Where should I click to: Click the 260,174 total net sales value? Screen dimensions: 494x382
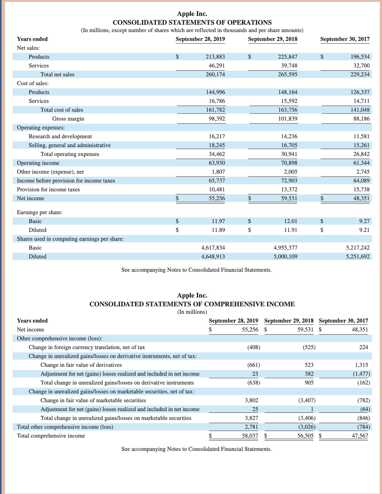pyautogui.click(x=215, y=74)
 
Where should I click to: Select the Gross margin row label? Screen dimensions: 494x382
pyautogui.click(x=68, y=119)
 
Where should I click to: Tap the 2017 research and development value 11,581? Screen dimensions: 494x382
pyautogui.click(x=361, y=136)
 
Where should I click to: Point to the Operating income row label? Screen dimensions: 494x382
pyautogui.click(x=38, y=163)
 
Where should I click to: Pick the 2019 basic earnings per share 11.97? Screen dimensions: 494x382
pyautogui.click(x=218, y=221)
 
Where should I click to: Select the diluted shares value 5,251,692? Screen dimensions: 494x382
pyautogui.click(x=358, y=257)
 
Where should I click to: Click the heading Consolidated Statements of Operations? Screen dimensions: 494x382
pyautogui.click(x=192, y=22)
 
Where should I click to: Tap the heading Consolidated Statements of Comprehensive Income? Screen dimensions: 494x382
pyautogui.click(x=192, y=304)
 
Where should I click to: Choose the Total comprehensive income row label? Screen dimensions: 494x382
pyautogui.click(x=51, y=436)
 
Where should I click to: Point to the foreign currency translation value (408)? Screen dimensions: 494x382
pyautogui.click(x=253, y=347)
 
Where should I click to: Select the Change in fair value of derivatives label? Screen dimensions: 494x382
pyautogui.click(x=81, y=365)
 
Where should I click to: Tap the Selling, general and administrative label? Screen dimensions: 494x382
pyautogui.click(x=70, y=145)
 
